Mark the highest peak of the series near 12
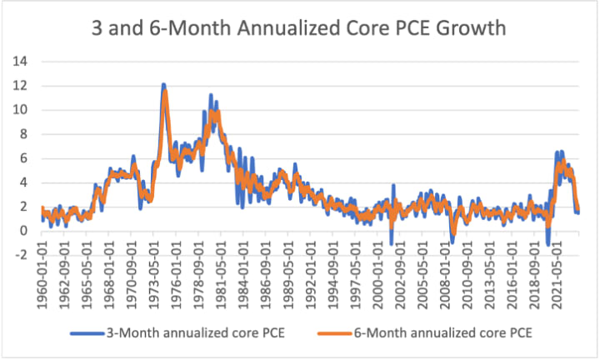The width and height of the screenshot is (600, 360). tap(163, 84)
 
